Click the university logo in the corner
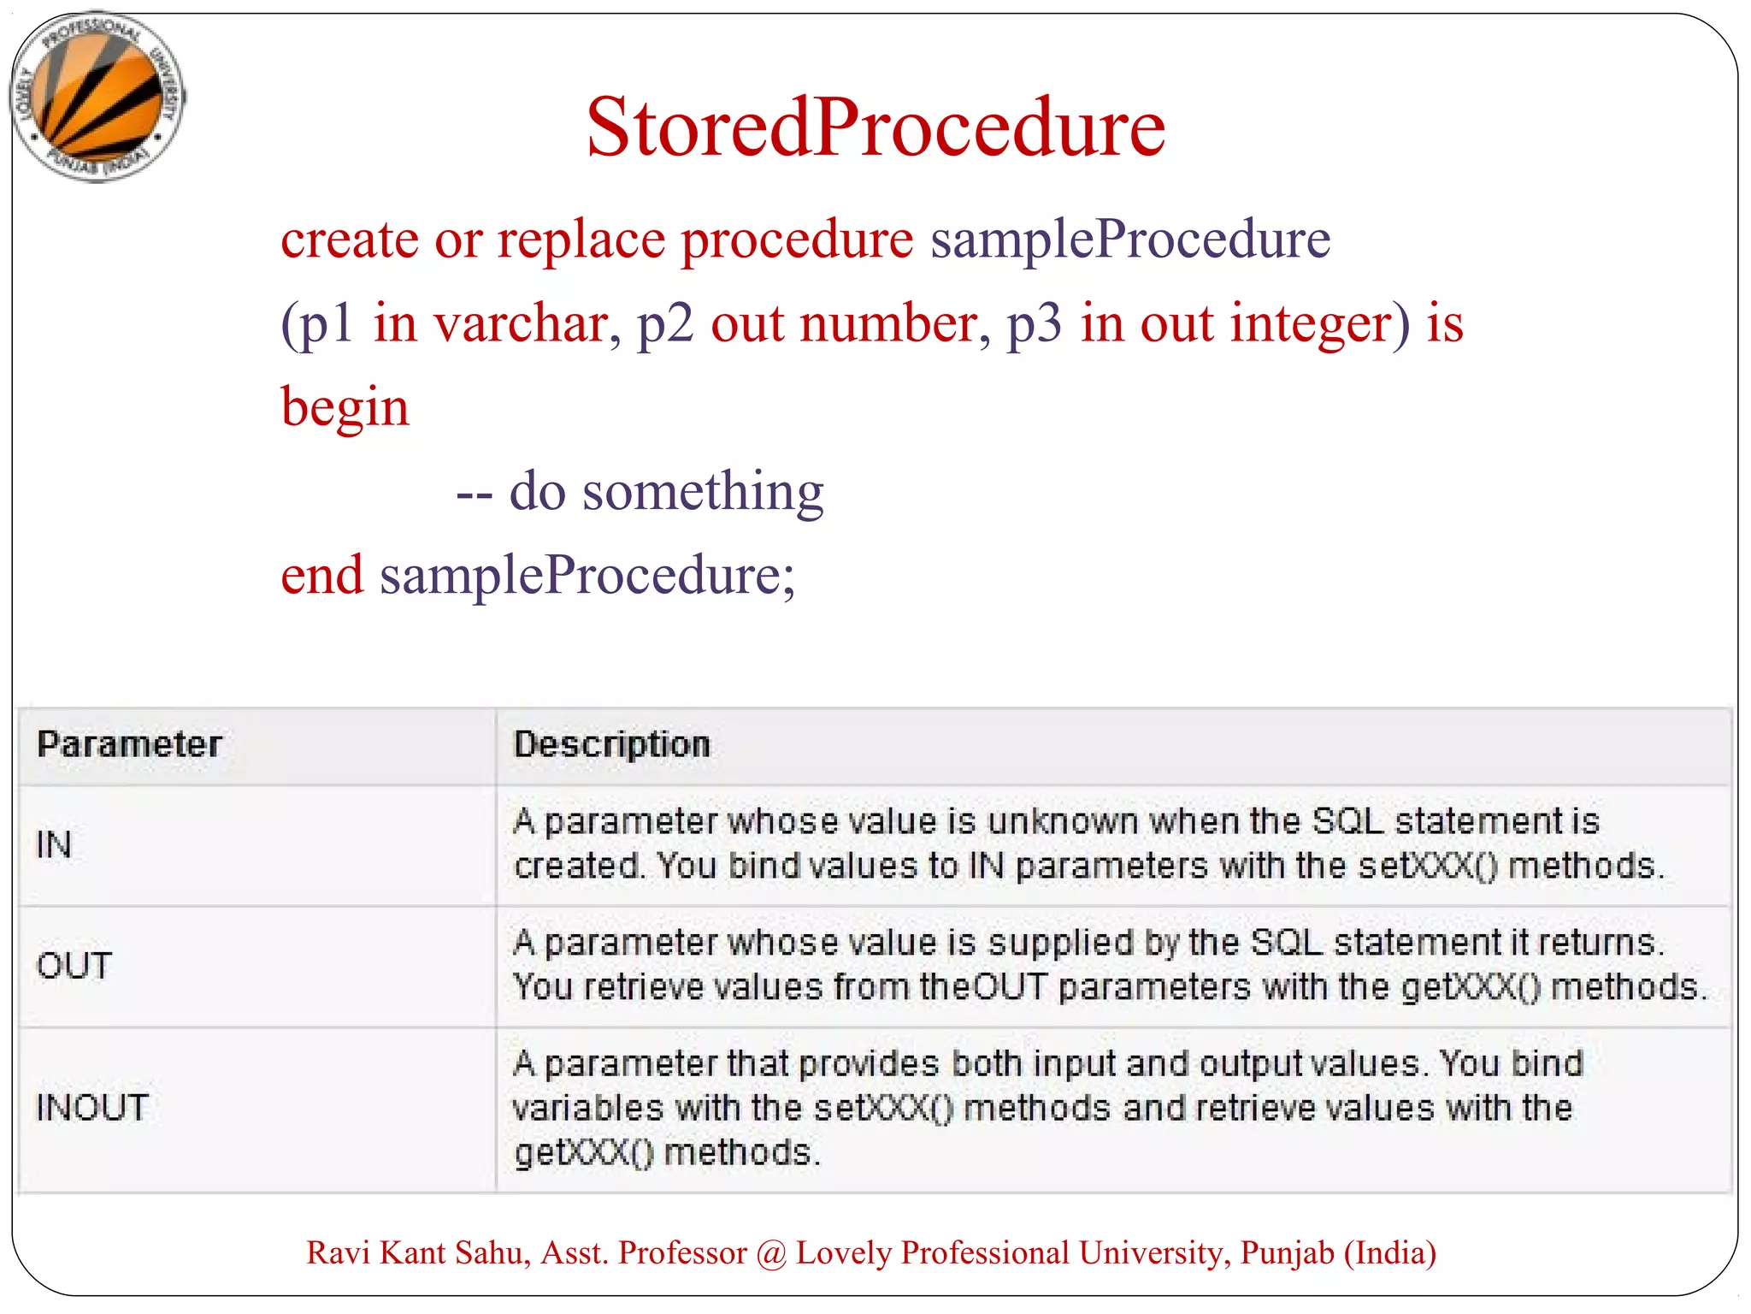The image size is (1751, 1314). [x=97, y=97]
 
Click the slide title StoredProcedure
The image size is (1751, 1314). [x=875, y=128]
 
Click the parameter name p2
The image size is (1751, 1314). [x=665, y=325]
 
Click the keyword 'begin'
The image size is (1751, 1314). [x=345, y=407]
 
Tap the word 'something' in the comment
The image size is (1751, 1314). [x=702, y=492]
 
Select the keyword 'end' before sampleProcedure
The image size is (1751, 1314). [x=321, y=575]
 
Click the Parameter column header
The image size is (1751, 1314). [x=129, y=744]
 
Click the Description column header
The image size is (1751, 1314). [x=611, y=744]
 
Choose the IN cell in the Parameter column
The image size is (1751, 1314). [x=54, y=845]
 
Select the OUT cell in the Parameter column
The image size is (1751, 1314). [x=74, y=966]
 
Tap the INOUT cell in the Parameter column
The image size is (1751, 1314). [x=92, y=1108]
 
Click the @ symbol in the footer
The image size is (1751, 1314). [x=771, y=1254]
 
